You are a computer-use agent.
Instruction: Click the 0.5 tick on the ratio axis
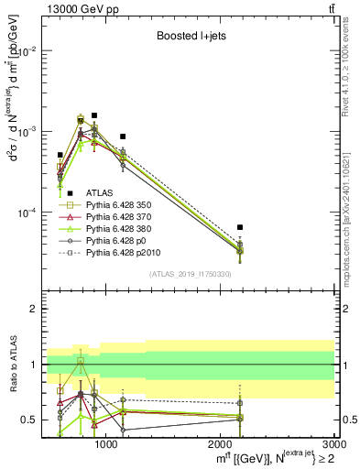(x=33, y=420)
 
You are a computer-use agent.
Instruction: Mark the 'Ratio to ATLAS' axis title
(x=12, y=365)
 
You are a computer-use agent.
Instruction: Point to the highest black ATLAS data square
(x=94, y=115)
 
